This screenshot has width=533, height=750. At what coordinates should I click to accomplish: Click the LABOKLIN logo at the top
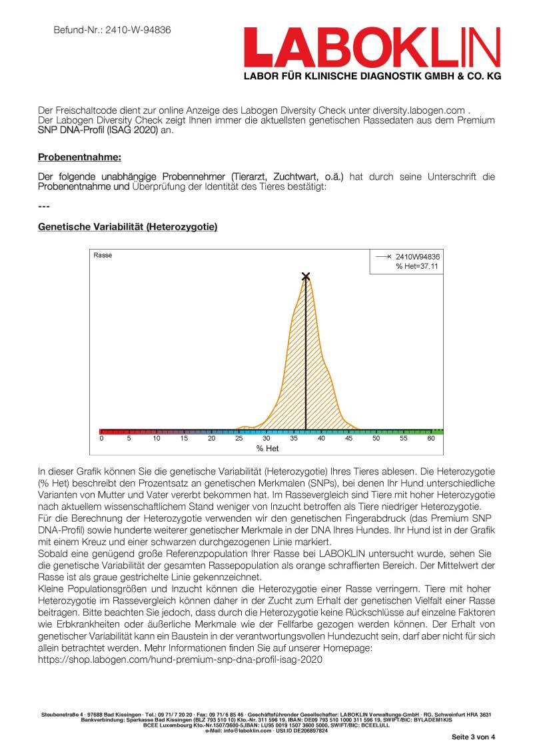click(372, 47)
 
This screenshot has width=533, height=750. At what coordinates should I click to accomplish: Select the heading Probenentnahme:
click(79, 158)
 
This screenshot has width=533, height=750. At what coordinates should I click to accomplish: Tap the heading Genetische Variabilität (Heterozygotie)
click(127, 227)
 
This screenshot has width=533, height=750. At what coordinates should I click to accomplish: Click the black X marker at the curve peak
click(306, 276)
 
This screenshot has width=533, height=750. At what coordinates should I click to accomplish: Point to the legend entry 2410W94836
click(418, 256)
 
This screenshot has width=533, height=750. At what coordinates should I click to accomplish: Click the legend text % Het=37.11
click(418, 266)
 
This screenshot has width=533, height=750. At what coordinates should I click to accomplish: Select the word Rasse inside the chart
click(103, 255)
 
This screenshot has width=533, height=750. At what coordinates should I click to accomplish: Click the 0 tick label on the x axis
click(102, 439)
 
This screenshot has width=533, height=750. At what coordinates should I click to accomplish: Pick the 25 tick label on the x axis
click(239, 439)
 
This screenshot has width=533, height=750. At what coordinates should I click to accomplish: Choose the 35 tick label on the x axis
click(294, 439)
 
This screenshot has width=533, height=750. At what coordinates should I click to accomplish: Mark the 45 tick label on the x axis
click(348, 439)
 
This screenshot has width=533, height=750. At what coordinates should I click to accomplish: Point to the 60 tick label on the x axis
click(431, 439)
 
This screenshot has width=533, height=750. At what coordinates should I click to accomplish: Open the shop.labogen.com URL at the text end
click(180, 659)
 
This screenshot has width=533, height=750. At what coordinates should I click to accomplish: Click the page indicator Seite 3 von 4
click(474, 737)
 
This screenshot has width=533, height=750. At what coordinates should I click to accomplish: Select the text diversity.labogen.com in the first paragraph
click(416, 110)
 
